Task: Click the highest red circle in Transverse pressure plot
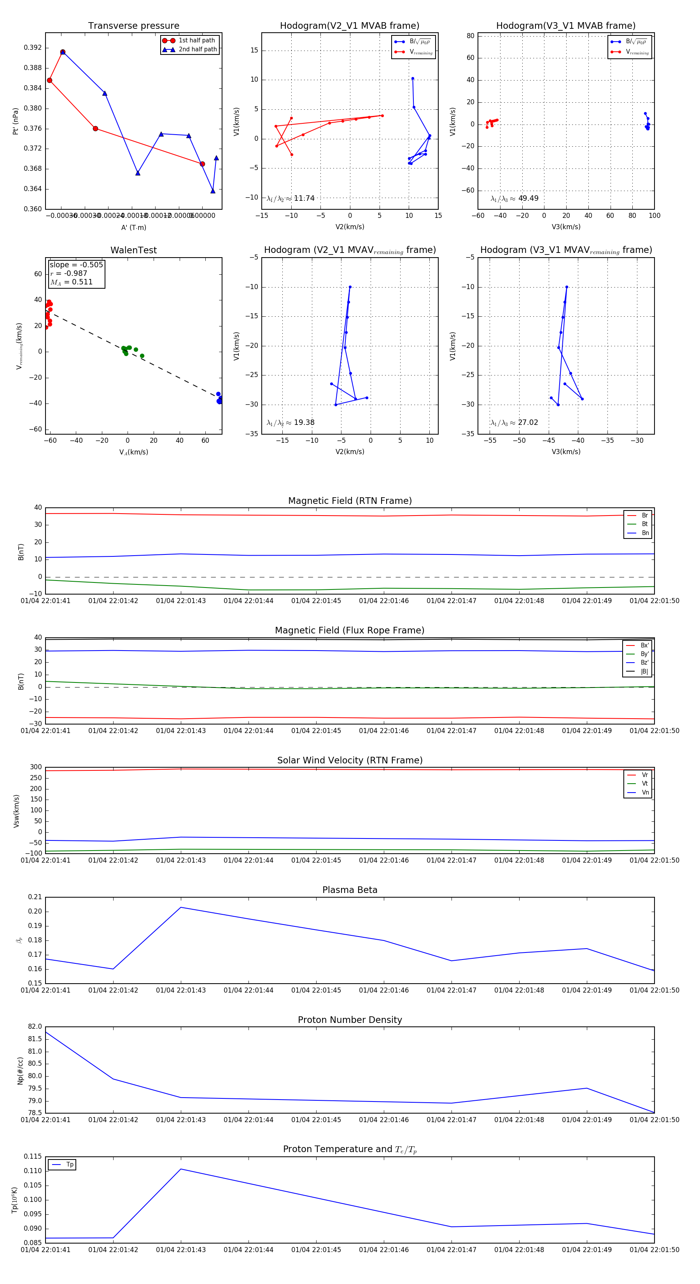63,52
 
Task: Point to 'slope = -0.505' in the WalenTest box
76,265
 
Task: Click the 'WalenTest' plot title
133,250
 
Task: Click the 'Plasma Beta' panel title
350,890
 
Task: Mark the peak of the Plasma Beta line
181,907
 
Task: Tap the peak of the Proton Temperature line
181,1169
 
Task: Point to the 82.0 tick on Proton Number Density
35,1027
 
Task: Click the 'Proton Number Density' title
350,1020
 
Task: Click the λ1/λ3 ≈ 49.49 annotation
514,198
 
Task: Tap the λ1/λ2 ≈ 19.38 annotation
290,423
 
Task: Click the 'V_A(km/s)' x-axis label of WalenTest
133,452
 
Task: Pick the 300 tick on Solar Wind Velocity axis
36,767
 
